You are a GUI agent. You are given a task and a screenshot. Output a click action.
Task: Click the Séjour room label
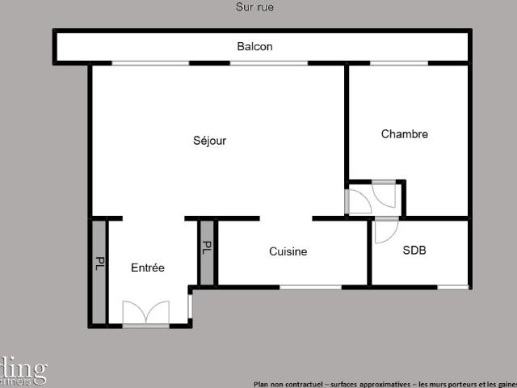[209, 141]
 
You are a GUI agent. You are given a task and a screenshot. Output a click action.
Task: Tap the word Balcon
[254, 47]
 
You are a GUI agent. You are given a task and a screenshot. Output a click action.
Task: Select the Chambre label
[404, 134]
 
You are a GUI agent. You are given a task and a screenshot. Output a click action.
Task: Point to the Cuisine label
[288, 251]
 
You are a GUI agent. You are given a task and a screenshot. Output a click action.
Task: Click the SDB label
[414, 251]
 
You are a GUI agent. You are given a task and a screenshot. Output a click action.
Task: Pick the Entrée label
[148, 268]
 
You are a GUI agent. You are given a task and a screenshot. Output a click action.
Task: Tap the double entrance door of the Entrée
[146, 314]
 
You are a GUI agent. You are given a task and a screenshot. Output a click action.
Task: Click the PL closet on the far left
[99, 264]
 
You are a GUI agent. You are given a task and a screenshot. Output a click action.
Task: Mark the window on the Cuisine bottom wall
[310, 286]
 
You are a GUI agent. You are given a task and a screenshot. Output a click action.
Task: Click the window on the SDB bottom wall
[453, 286]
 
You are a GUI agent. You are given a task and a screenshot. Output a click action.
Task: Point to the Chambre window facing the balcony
[399, 63]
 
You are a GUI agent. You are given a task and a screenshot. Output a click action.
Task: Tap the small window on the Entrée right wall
[190, 306]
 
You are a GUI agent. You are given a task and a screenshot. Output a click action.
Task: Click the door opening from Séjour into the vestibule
[357, 202]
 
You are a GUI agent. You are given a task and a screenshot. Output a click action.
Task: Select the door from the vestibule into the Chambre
[385, 195]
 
